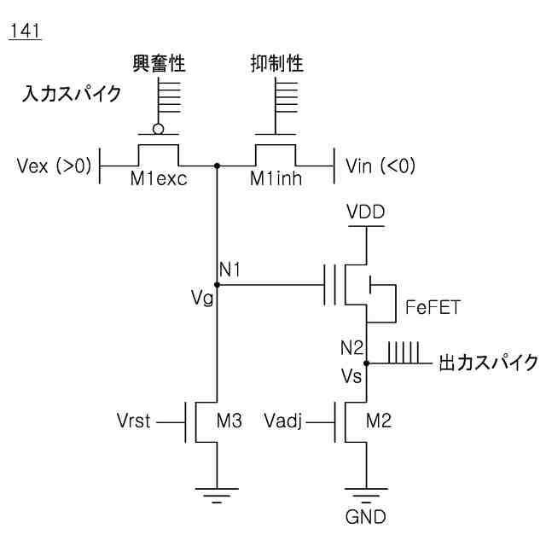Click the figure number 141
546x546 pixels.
25,31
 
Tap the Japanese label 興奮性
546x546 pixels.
159,63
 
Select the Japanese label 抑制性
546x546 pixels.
276,63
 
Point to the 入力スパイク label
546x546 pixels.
72,94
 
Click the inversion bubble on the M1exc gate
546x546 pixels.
158,129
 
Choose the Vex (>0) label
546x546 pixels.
54,166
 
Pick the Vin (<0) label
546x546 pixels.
380,166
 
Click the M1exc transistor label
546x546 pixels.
159,178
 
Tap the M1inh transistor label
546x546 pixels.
276,178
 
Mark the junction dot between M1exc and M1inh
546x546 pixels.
217,166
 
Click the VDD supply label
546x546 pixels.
366,212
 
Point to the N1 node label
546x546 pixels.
229,270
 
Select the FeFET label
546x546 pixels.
433,307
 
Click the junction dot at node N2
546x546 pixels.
366,363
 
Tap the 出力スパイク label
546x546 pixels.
488,363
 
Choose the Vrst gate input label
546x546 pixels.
133,421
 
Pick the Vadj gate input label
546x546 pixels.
282,421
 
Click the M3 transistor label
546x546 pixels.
229,421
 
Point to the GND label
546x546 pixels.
366,517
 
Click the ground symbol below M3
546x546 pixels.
217,495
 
